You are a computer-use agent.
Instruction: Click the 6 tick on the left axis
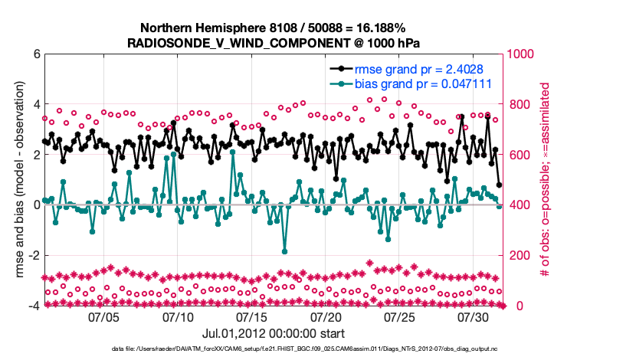click(x=36, y=54)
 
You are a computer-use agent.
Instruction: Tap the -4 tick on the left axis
click(x=34, y=306)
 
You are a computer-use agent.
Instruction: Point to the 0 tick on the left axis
click(x=36, y=205)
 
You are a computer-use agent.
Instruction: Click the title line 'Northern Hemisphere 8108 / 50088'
click(x=274, y=28)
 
